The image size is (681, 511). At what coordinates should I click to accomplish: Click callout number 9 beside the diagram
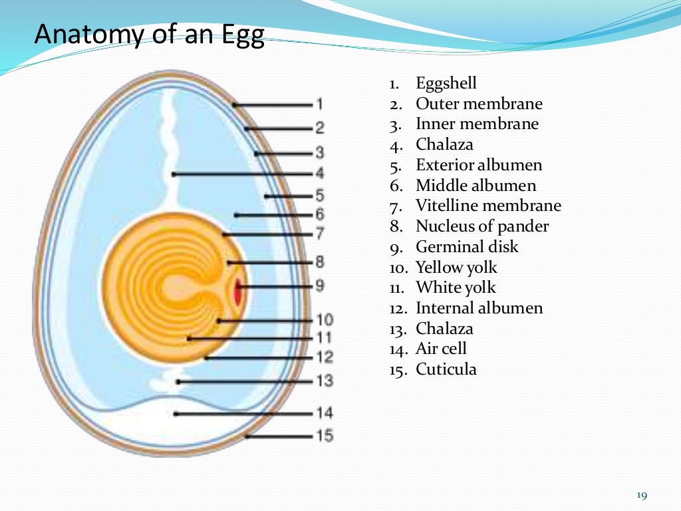(320, 286)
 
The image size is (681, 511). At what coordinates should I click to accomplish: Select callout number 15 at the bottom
(325, 436)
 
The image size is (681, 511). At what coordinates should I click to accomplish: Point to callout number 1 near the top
(320, 104)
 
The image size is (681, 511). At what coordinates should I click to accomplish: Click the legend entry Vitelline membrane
(488, 206)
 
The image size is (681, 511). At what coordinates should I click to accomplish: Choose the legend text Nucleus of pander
(482, 226)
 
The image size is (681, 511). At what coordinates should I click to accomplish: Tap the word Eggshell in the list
(446, 83)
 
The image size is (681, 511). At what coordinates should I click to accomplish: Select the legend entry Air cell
(441, 349)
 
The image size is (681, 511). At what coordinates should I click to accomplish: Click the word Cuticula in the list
(446, 369)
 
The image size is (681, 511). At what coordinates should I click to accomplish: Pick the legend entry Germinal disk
(467, 247)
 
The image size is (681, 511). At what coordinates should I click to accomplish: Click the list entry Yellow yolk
(456, 267)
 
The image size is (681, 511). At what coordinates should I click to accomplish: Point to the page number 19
(642, 495)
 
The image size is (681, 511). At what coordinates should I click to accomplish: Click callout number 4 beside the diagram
(320, 174)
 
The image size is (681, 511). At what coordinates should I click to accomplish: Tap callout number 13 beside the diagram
(325, 381)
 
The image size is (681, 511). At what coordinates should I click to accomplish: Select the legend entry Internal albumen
(479, 308)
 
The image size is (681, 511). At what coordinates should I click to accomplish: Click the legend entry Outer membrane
(479, 104)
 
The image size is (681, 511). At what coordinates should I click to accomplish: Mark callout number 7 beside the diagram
(320, 234)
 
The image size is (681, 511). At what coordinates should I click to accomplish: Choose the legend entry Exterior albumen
(479, 165)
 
